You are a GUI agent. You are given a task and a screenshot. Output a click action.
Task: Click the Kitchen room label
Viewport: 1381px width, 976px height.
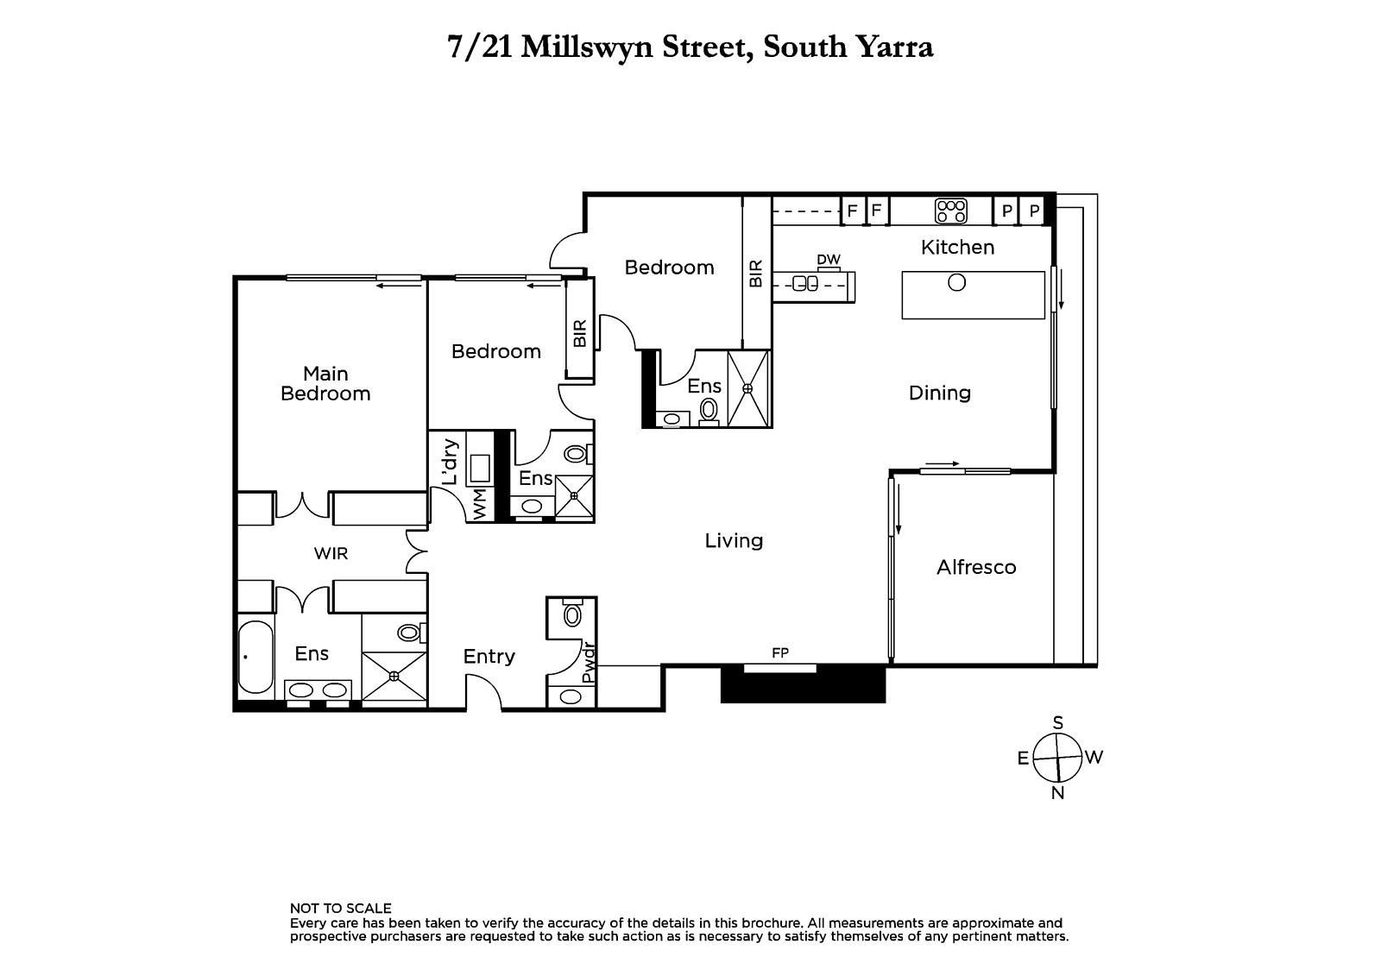[957, 248]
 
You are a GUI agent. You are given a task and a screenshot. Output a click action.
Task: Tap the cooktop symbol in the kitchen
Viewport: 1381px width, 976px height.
[950, 211]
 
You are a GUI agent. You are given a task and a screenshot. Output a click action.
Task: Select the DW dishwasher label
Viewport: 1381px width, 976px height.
[829, 260]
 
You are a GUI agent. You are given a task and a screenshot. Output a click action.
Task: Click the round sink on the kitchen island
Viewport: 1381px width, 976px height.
[957, 282]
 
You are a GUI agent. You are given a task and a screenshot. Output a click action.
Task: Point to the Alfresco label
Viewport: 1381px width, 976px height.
[976, 567]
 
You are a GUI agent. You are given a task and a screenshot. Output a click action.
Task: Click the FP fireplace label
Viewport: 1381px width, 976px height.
[780, 652]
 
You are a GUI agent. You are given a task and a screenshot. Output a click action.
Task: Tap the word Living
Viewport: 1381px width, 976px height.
[734, 541]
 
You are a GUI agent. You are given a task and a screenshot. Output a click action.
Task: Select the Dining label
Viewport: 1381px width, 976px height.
[940, 393]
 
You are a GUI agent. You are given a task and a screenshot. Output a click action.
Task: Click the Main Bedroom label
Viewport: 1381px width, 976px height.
[325, 383]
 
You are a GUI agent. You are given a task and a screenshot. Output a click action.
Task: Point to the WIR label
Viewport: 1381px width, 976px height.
[331, 554]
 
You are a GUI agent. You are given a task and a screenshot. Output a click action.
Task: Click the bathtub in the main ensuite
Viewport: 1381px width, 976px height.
[255, 658]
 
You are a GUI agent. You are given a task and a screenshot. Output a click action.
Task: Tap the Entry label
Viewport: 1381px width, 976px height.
[489, 657]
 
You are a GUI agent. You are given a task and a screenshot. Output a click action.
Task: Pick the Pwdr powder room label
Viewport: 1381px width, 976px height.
[589, 663]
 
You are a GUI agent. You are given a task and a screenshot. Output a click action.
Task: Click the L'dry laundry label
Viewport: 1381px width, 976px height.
[451, 461]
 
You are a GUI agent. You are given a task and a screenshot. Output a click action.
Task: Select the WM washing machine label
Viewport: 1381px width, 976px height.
[480, 504]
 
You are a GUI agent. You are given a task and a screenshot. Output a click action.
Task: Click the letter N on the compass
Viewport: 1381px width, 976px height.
[1058, 794]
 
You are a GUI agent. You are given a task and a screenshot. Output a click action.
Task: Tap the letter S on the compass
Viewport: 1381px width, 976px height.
[1058, 722]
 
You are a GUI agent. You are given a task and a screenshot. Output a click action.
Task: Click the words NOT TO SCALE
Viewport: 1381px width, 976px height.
[340, 908]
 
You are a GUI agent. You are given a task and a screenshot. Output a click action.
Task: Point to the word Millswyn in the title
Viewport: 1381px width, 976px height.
[587, 47]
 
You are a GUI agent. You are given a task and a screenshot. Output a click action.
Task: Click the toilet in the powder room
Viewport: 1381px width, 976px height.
[573, 614]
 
